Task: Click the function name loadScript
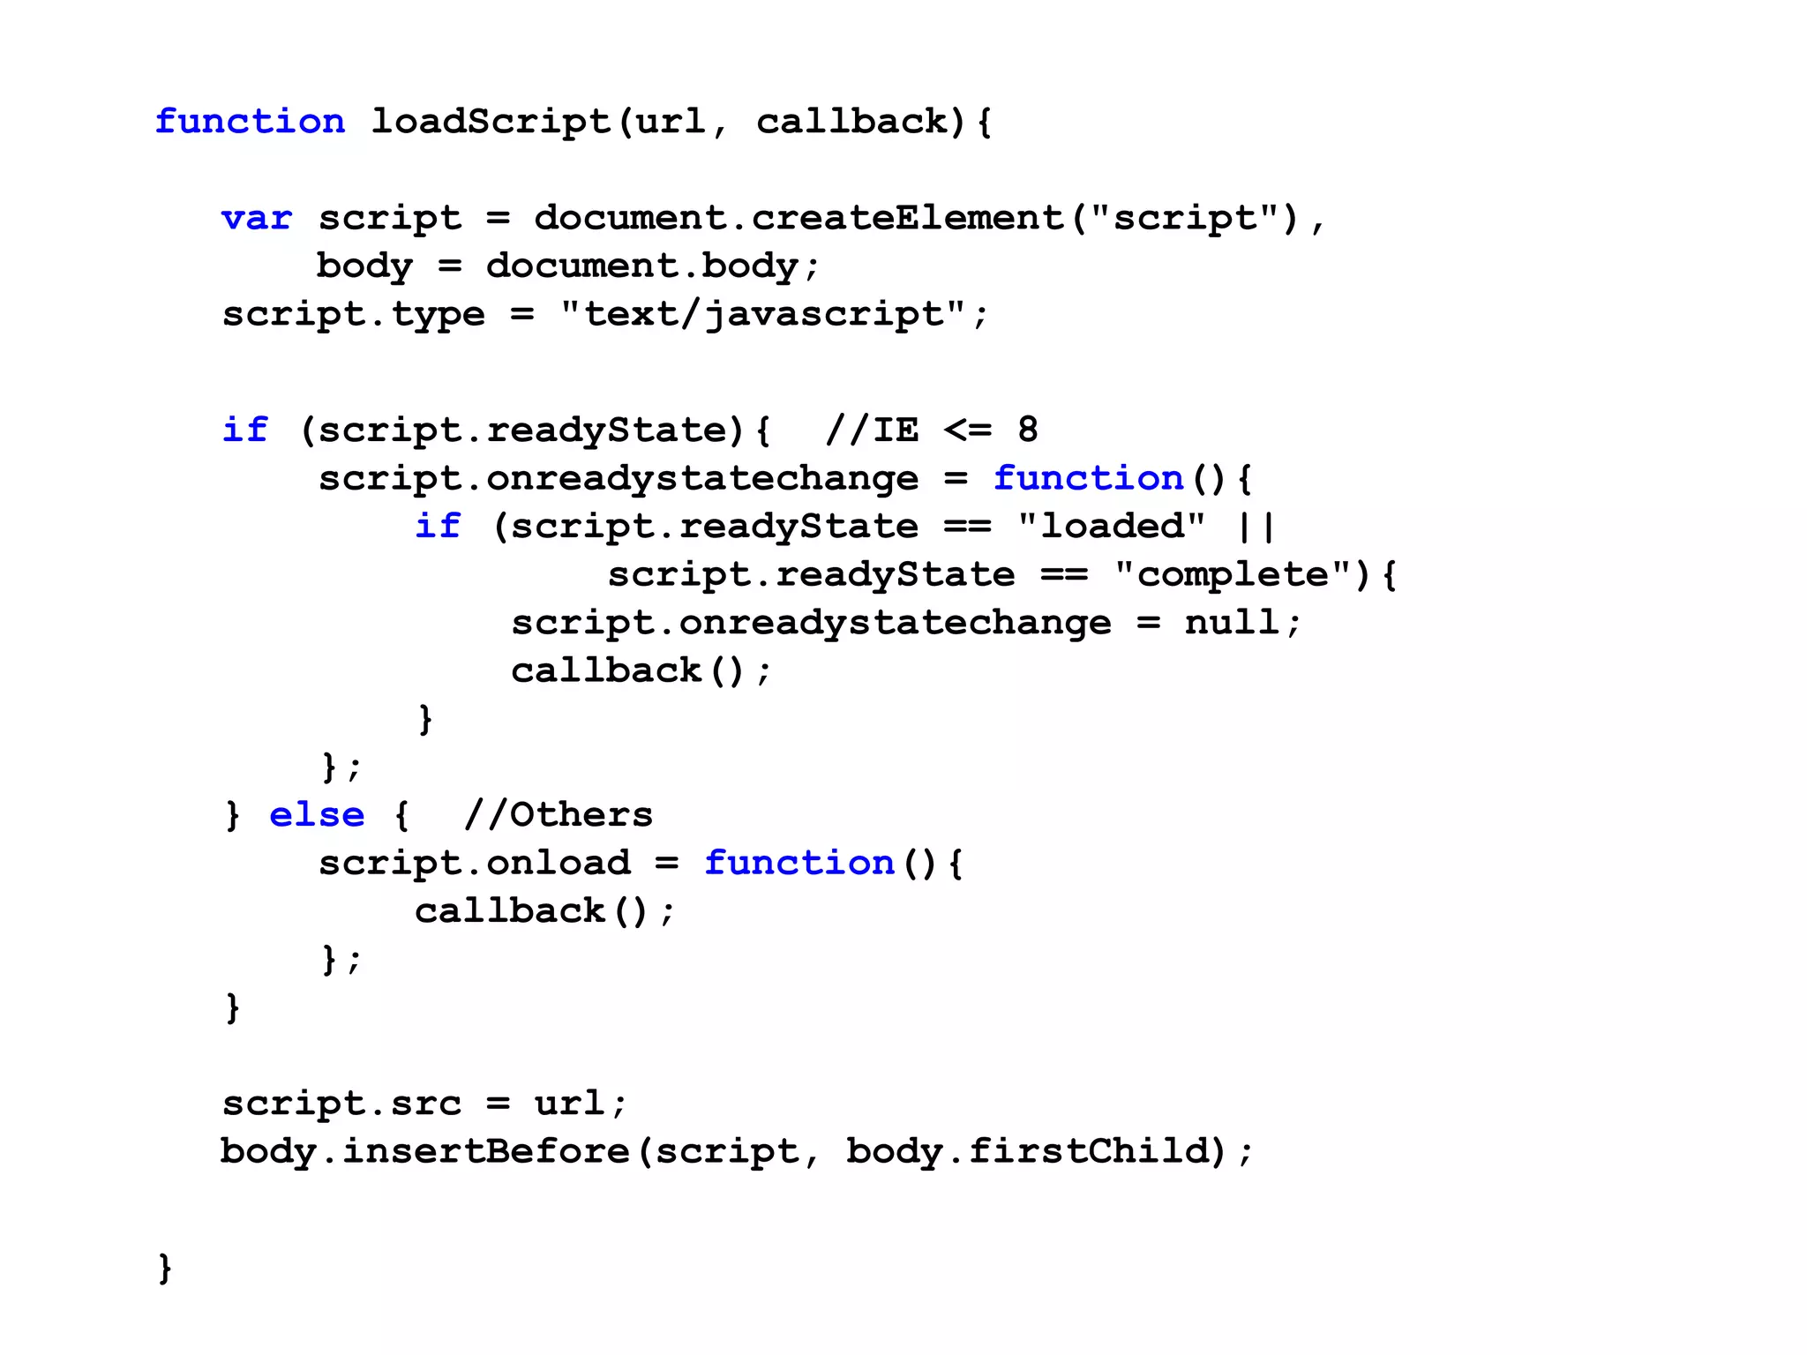pyautogui.click(x=491, y=122)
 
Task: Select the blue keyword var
pyautogui.click(x=256, y=218)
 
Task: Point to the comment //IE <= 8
pyautogui.click(x=932, y=430)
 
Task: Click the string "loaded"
pyautogui.click(x=1111, y=527)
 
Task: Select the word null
pyautogui.click(x=1232, y=623)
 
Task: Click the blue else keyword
pyautogui.click(x=316, y=815)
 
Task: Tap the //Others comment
pyautogui.click(x=558, y=815)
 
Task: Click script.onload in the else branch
pyautogui.click(x=475, y=863)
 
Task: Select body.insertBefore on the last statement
pyautogui.click(x=424, y=1151)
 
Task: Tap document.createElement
pyautogui.click(x=799, y=218)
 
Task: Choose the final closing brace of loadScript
pyautogui.click(x=164, y=1268)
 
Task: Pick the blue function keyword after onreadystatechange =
pyautogui.click(x=1088, y=479)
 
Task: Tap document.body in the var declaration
pyautogui.click(x=642, y=266)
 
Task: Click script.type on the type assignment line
pyautogui.click(x=353, y=314)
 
